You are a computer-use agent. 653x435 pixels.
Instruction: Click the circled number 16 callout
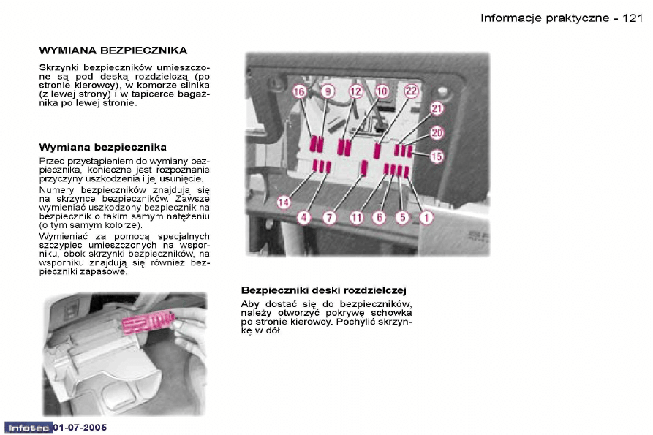[x=298, y=91]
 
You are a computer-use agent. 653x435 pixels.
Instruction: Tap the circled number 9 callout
[x=327, y=91]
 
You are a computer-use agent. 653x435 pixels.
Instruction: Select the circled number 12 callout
[x=355, y=91]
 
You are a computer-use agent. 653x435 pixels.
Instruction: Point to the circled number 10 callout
[x=382, y=91]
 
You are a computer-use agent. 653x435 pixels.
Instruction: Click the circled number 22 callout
[x=411, y=91]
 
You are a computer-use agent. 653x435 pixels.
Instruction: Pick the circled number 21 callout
[x=437, y=109]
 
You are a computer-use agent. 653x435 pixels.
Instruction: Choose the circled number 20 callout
[x=437, y=132]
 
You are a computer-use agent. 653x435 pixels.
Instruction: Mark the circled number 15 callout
[x=437, y=156]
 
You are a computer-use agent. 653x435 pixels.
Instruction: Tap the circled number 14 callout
[x=284, y=202]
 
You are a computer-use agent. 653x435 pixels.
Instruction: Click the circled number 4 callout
[x=304, y=217]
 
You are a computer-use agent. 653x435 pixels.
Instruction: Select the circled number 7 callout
[x=329, y=217]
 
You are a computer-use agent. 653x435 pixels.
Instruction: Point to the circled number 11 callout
[x=356, y=217]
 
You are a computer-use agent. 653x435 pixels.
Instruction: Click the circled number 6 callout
[x=379, y=217]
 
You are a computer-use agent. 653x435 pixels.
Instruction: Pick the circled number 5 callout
[x=402, y=217]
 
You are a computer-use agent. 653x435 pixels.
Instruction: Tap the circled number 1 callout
[x=426, y=217]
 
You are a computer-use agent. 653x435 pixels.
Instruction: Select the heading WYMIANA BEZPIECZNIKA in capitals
[x=113, y=50]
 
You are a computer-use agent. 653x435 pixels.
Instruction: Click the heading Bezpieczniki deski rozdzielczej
[x=323, y=290]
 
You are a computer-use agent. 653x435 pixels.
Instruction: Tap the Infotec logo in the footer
[x=28, y=426]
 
